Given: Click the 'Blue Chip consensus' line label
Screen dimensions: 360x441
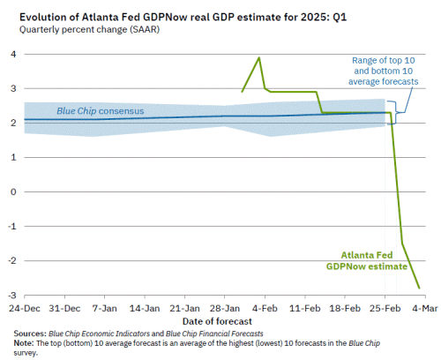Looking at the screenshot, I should coord(100,111).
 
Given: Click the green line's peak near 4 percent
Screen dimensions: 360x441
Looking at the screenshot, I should coord(258,57).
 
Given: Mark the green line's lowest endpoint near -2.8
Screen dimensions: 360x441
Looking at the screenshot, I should coord(419,288).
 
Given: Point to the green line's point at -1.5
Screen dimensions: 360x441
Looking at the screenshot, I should coord(403,244).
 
